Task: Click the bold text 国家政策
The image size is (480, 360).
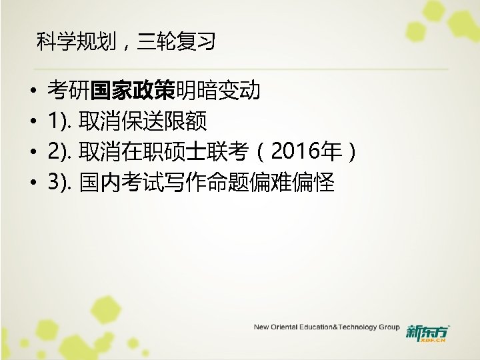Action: (133, 90)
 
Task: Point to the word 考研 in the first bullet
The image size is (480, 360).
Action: (69, 90)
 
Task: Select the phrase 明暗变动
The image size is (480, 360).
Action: (218, 90)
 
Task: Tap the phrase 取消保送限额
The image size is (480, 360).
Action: (143, 121)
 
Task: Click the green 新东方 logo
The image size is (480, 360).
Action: (427, 330)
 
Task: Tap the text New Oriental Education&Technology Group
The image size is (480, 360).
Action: (326, 327)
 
